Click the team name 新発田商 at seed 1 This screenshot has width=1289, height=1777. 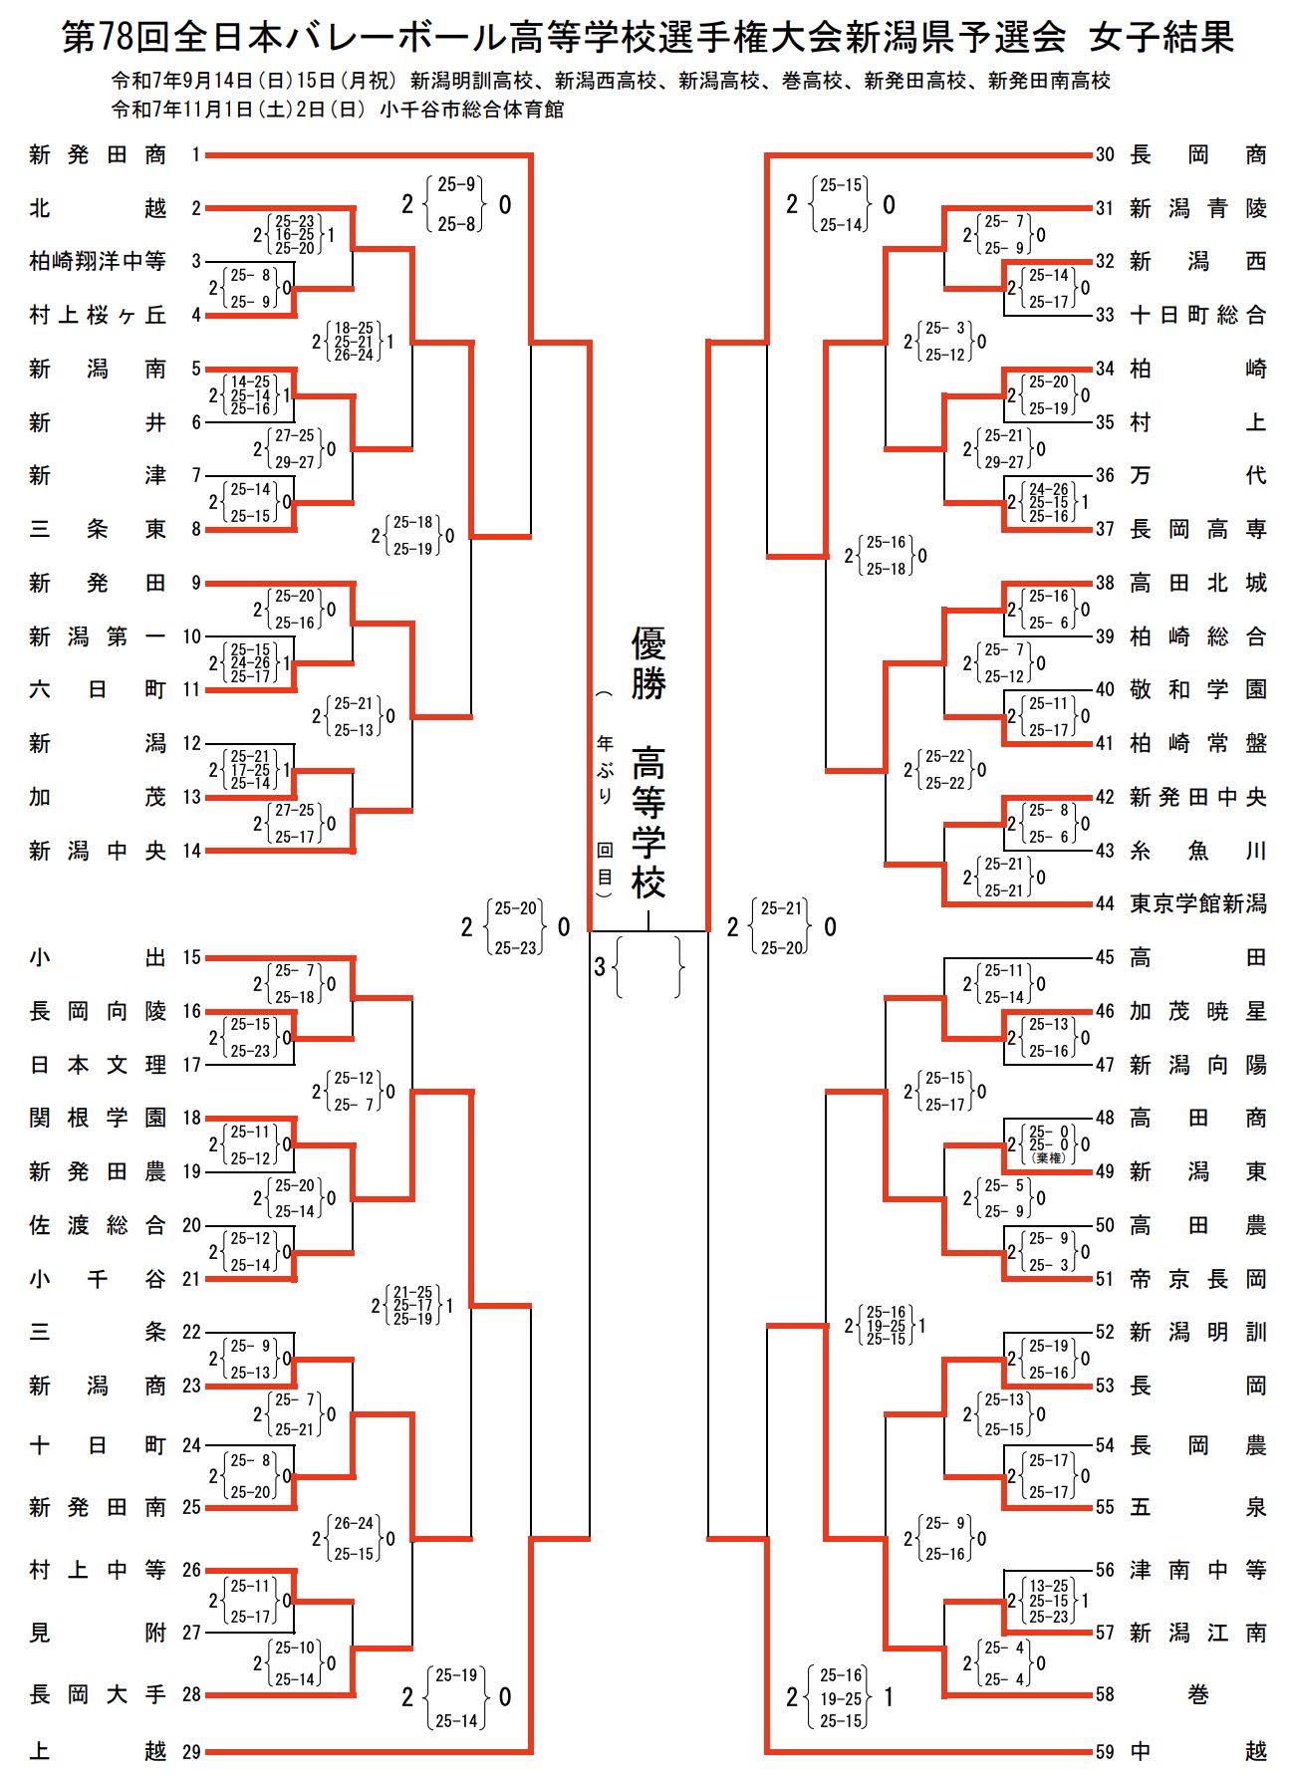click(x=98, y=154)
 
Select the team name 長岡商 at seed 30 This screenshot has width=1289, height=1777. click(x=1197, y=154)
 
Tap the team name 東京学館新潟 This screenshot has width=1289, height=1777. click(x=1197, y=903)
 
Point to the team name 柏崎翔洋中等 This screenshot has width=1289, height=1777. click(x=98, y=261)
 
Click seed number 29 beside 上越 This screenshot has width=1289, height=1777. click(x=191, y=1750)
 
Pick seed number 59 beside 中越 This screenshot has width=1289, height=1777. click(x=1105, y=1750)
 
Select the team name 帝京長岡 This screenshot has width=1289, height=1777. click(x=1197, y=1278)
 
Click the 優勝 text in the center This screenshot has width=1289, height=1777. click(x=648, y=663)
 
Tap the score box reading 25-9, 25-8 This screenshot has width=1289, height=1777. click(x=456, y=204)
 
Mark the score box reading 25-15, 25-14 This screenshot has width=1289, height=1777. click(x=841, y=204)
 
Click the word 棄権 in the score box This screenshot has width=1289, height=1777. click(x=1049, y=1157)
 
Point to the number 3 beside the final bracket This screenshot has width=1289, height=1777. click(x=600, y=966)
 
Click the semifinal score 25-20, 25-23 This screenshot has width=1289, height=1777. click(x=515, y=927)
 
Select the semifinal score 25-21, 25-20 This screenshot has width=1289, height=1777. click(x=781, y=927)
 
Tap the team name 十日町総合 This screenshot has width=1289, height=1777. click(x=1197, y=315)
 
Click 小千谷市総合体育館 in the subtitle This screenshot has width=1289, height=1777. click(x=471, y=110)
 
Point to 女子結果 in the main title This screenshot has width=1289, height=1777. click(x=1161, y=37)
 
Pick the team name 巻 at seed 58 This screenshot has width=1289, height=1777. click(x=1197, y=1693)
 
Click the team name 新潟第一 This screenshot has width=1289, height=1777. click(x=98, y=635)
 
